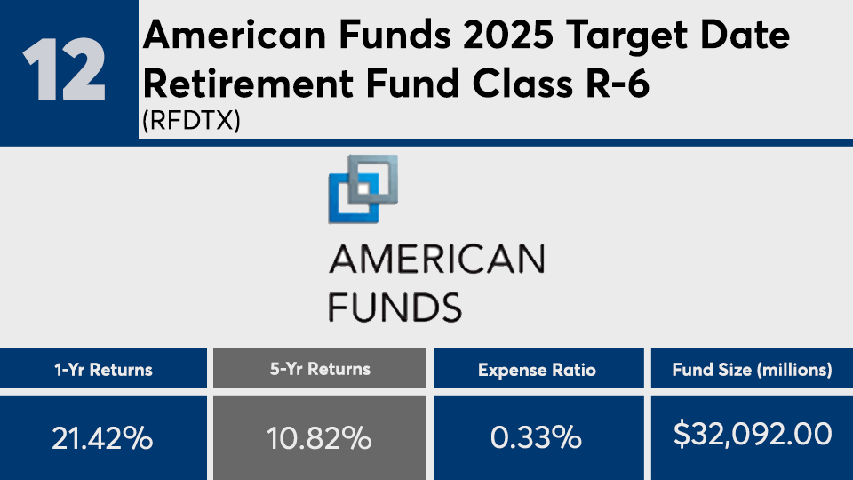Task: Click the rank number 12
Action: coord(63,70)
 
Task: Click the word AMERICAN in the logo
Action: coord(435,260)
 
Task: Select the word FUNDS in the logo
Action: coord(395,307)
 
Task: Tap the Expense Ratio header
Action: coord(537,369)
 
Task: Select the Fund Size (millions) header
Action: coord(752,369)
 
